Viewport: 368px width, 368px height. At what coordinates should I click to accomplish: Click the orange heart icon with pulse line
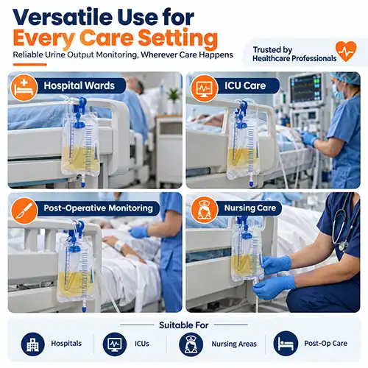[346, 51]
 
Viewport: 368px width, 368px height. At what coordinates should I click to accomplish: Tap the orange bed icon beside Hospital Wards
[24, 88]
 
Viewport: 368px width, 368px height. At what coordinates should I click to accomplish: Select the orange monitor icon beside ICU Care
[204, 88]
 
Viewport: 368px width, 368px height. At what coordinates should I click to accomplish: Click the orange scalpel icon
[24, 210]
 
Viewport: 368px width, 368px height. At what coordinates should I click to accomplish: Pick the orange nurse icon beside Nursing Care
[204, 210]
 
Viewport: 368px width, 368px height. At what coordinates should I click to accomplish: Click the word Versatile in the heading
[63, 17]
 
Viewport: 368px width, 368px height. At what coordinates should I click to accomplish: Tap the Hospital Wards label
[79, 85]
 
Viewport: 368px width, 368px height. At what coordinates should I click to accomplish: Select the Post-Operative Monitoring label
[99, 208]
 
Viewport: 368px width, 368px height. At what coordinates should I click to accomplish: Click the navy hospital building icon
[32, 344]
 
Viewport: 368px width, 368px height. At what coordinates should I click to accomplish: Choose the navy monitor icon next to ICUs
[115, 344]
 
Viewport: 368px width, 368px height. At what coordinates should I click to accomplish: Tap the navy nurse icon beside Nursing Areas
[191, 344]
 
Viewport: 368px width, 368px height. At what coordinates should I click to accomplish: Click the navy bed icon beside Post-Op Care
[286, 344]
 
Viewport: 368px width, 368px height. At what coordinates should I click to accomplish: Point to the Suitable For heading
[184, 325]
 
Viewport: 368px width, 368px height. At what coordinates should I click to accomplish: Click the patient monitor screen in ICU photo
[306, 88]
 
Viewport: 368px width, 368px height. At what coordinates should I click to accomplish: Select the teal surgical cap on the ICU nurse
[345, 77]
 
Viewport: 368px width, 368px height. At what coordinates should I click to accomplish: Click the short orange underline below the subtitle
[30, 65]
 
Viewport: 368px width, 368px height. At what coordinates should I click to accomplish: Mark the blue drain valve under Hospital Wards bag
[83, 183]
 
